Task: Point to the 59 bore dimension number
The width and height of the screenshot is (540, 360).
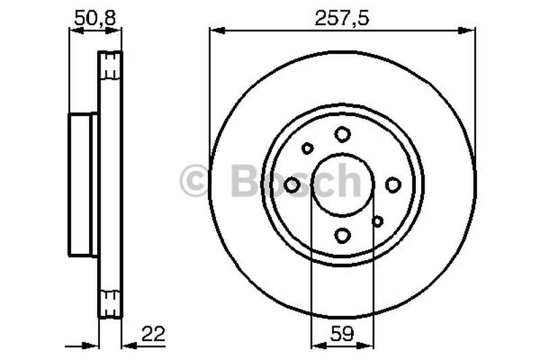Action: pyautogui.click(x=342, y=333)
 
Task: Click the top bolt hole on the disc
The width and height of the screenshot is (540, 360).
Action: pyautogui.click(x=343, y=134)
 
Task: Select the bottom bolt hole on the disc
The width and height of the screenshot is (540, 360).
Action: pyautogui.click(x=343, y=235)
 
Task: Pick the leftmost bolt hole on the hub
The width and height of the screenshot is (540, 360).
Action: pyautogui.click(x=292, y=184)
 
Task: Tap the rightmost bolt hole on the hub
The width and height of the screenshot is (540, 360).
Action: pyautogui.click(x=393, y=184)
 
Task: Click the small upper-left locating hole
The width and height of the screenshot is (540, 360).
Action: pyautogui.click(x=308, y=148)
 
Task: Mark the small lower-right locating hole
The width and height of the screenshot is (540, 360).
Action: pyautogui.click(x=377, y=221)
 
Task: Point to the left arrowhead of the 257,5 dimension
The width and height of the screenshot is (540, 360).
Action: pyautogui.click(x=215, y=29)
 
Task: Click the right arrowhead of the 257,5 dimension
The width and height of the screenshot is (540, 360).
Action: pyautogui.click(x=470, y=29)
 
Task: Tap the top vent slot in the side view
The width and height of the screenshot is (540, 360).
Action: pyautogui.click(x=111, y=66)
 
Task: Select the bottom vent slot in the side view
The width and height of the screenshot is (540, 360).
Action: pyautogui.click(x=111, y=301)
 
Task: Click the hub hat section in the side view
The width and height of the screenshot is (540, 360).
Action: pyautogui.click(x=83, y=184)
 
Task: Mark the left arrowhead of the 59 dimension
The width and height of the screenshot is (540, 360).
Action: pyautogui.click(x=316, y=345)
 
